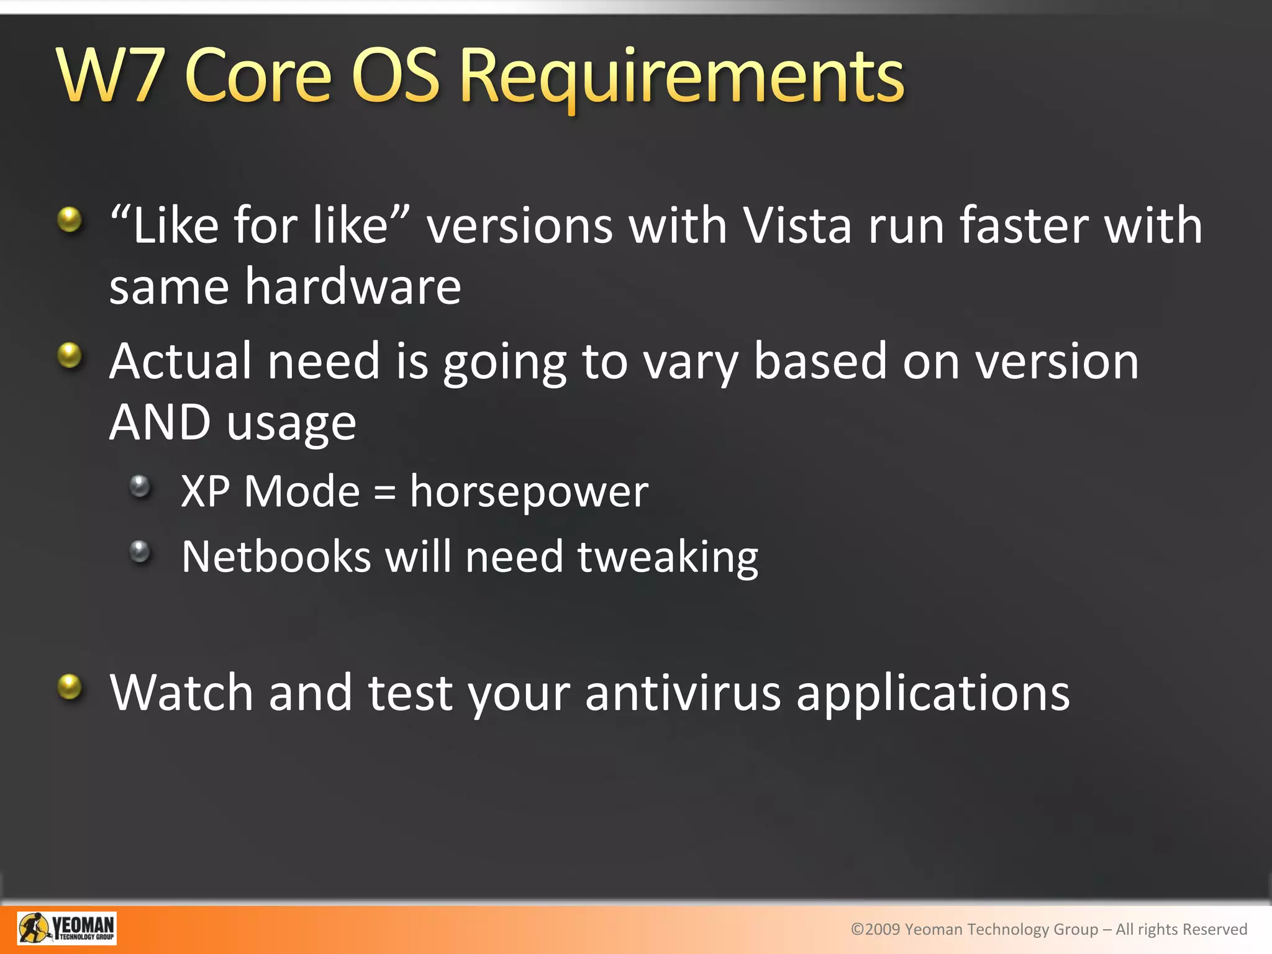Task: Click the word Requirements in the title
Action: [x=682, y=78]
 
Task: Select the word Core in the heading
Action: [x=258, y=77]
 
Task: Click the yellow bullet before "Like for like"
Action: [x=70, y=219]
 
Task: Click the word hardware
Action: [x=353, y=287]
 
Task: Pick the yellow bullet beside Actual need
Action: [x=70, y=355]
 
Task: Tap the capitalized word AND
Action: [x=160, y=422]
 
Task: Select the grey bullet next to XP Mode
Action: [x=140, y=486]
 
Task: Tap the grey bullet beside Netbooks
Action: [x=140, y=551]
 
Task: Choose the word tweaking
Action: [x=668, y=558]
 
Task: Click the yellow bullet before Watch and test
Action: [x=70, y=687]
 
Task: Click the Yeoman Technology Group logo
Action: [x=66, y=928]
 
